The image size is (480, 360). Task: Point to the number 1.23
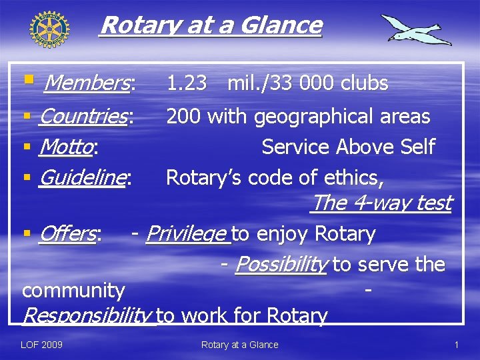click(x=187, y=83)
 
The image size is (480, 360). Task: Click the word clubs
click(x=364, y=83)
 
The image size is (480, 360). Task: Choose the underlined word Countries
click(x=83, y=117)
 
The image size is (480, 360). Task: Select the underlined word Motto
click(x=65, y=147)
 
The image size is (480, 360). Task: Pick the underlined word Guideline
click(x=82, y=177)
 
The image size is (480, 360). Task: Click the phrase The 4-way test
click(x=381, y=203)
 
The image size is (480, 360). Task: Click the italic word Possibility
click(x=281, y=265)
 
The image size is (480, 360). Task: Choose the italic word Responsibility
click(x=87, y=315)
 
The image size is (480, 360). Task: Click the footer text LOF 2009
click(x=42, y=345)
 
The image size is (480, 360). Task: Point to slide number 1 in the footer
click(x=456, y=345)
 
